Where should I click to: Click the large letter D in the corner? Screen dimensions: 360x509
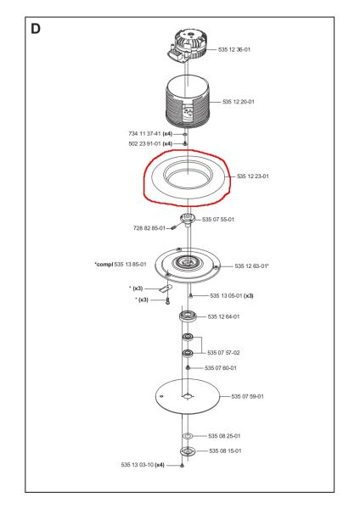[36, 29]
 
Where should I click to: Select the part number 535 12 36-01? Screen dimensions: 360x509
[234, 50]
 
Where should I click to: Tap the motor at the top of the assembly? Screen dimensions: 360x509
[187, 46]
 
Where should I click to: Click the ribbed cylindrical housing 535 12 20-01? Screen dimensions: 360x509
[188, 103]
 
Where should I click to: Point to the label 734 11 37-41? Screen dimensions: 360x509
[144, 133]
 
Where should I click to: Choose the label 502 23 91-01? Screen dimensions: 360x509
[145, 143]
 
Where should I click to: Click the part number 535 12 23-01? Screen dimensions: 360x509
[253, 176]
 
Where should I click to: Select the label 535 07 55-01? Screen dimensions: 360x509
[218, 220]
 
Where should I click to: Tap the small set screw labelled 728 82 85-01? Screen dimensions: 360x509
[173, 227]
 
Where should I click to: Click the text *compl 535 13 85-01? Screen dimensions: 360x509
[121, 264]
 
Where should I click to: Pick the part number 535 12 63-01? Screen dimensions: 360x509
[250, 266]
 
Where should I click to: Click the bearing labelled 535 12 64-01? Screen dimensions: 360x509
[188, 316]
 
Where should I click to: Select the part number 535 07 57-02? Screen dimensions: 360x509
[223, 353]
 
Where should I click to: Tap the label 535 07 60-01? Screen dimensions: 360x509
[221, 368]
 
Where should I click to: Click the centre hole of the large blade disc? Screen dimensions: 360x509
[188, 396]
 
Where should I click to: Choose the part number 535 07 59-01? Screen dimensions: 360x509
[248, 396]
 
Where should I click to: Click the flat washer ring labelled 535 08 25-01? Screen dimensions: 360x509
[188, 436]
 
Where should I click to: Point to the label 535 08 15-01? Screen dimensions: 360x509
[225, 451]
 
